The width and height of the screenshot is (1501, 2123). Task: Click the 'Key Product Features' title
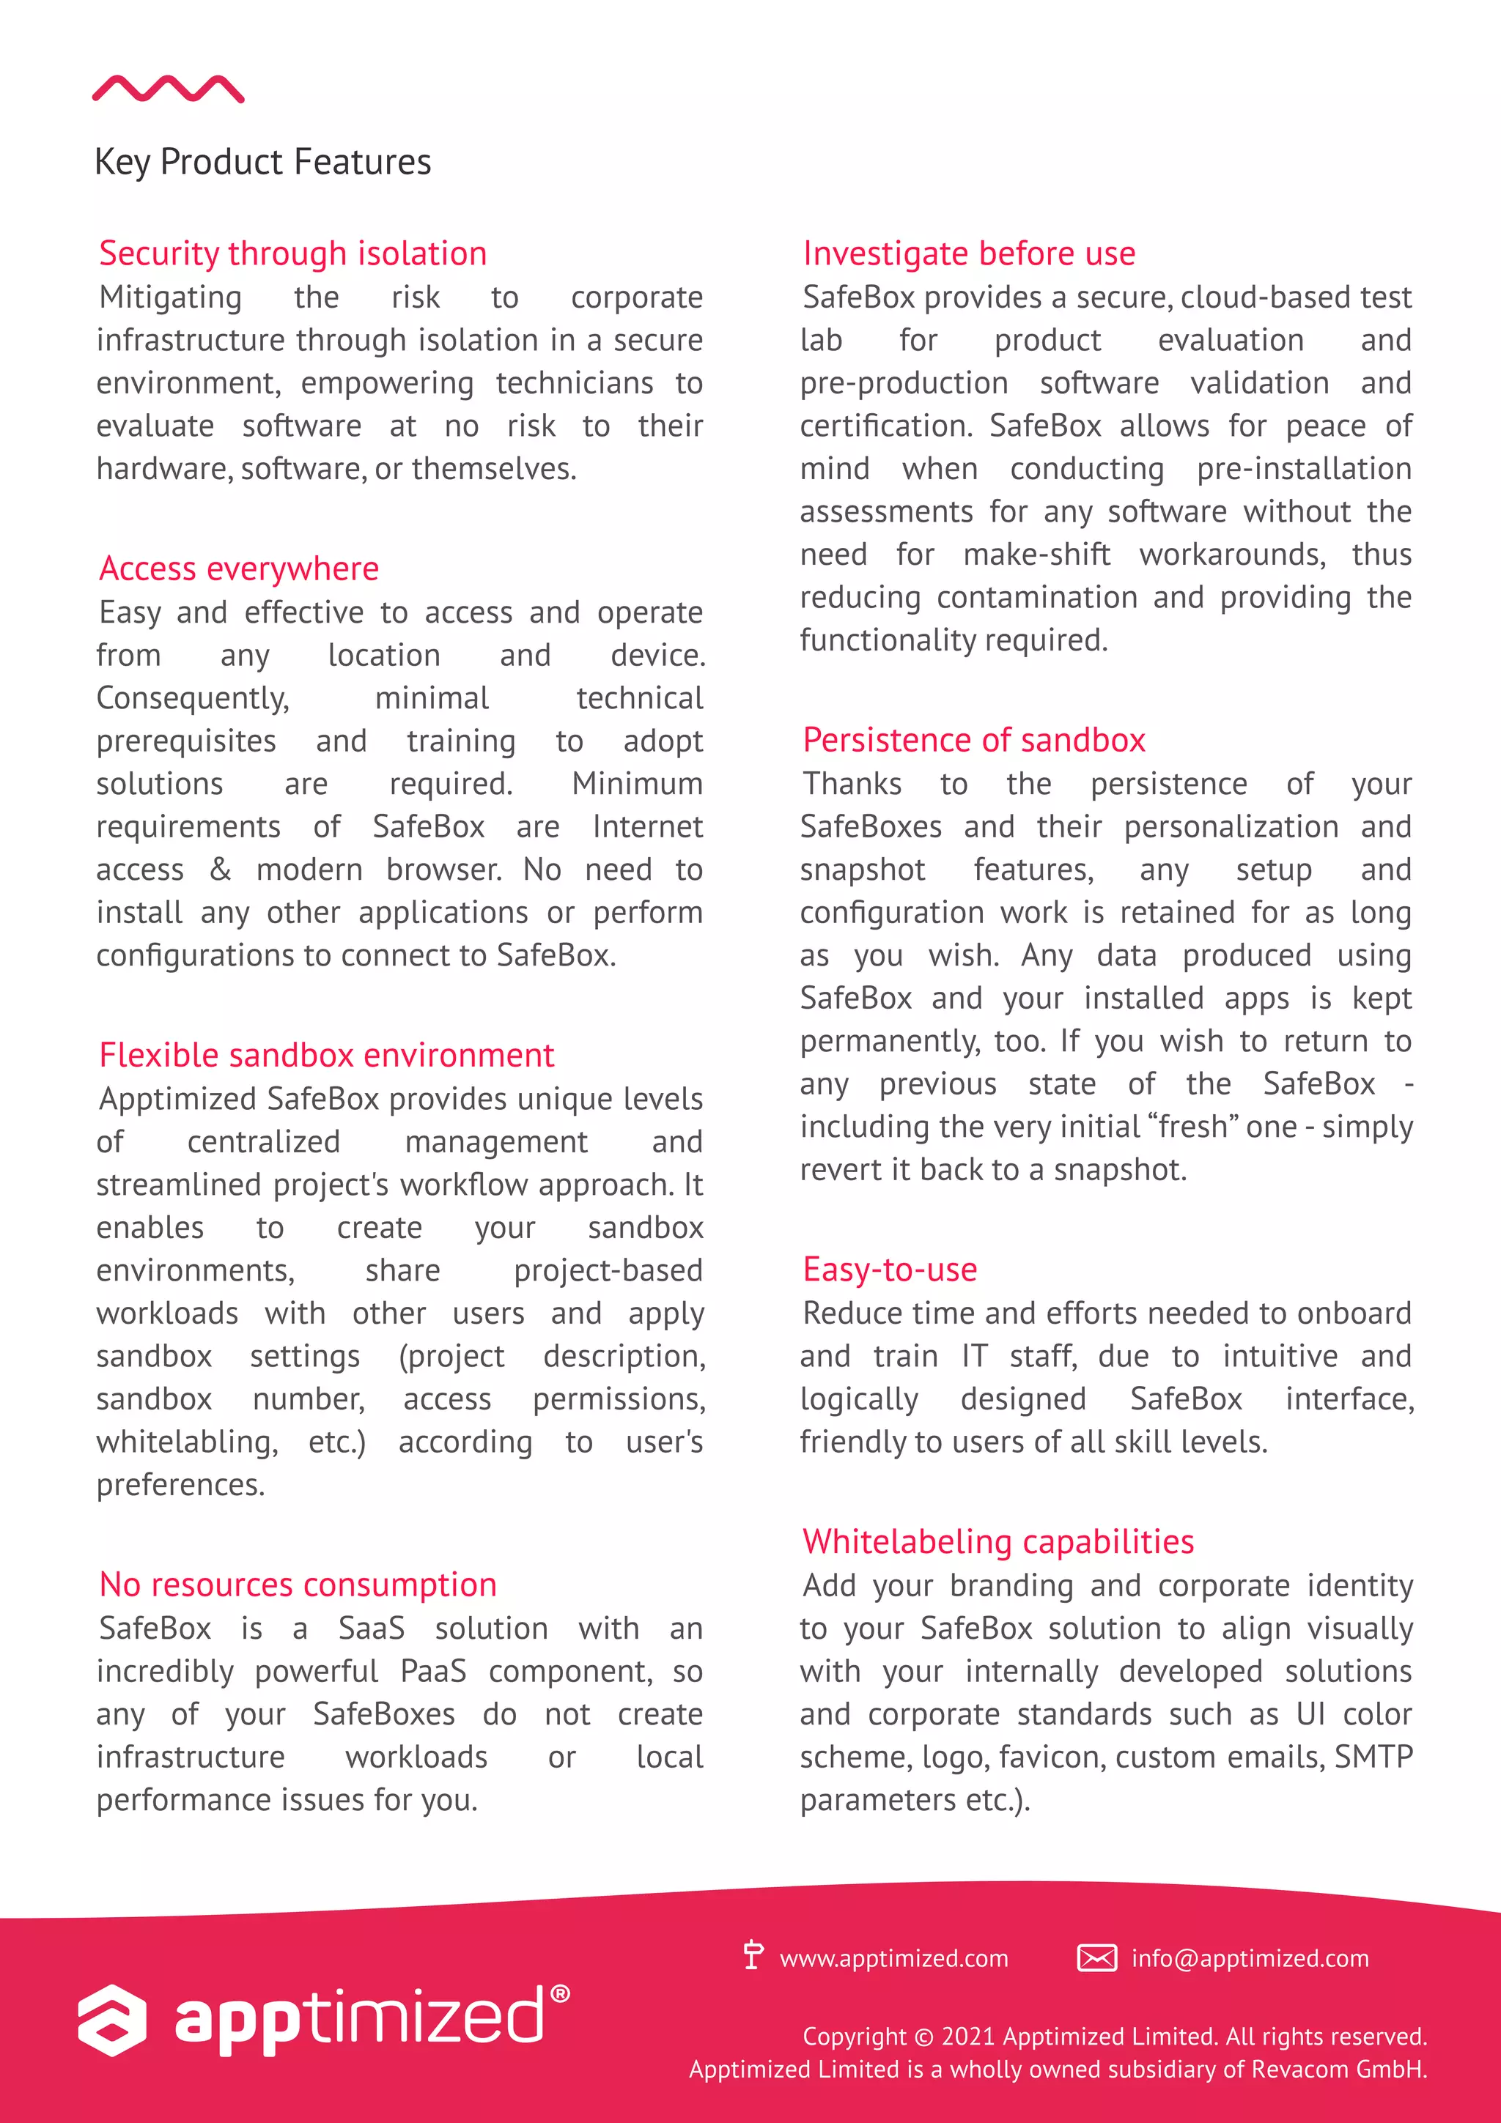click(262, 162)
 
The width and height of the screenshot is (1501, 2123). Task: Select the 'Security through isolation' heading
click(292, 253)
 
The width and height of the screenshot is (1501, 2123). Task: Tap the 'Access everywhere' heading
click(239, 568)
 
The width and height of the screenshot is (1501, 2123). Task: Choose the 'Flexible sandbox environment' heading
click(326, 1055)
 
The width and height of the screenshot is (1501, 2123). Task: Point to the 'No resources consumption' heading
click(298, 1585)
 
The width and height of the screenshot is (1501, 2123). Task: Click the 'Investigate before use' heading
click(968, 253)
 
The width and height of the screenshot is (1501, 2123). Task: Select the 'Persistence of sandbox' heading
click(974, 740)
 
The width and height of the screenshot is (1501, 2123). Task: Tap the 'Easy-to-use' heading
click(890, 1270)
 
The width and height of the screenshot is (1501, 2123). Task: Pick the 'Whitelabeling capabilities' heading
click(998, 1541)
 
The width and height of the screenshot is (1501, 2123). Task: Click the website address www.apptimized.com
click(893, 1958)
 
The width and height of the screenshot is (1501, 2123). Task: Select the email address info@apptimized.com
click(1250, 1958)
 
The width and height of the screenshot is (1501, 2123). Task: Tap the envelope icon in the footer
click(1097, 1958)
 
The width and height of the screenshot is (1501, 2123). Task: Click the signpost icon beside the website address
click(753, 1956)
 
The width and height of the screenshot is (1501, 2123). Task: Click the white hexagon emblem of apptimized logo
click(112, 2020)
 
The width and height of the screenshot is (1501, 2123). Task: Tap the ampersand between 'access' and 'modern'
click(220, 869)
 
